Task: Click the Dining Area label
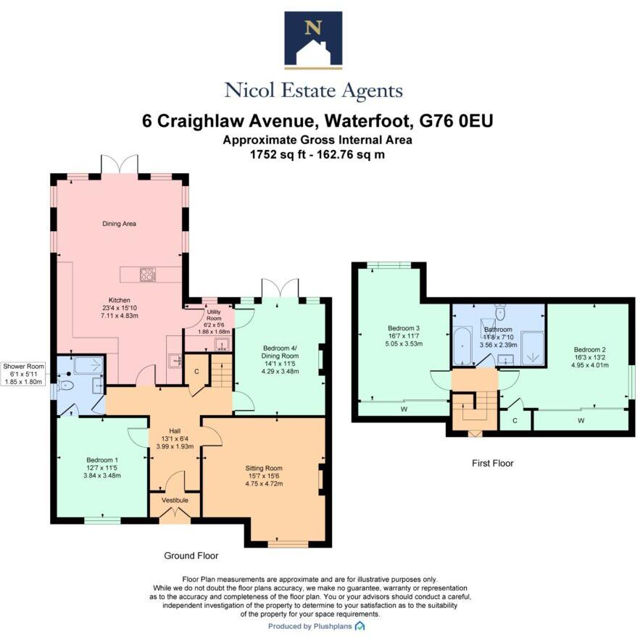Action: coord(119,224)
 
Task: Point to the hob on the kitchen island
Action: coord(147,274)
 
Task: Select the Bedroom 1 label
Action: coord(102,460)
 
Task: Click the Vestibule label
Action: coord(174,501)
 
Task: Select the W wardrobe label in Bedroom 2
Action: coord(581,421)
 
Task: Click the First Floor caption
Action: coord(493,463)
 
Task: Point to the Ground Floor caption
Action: coord(191,556)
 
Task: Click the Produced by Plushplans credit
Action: coord(316,626)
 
